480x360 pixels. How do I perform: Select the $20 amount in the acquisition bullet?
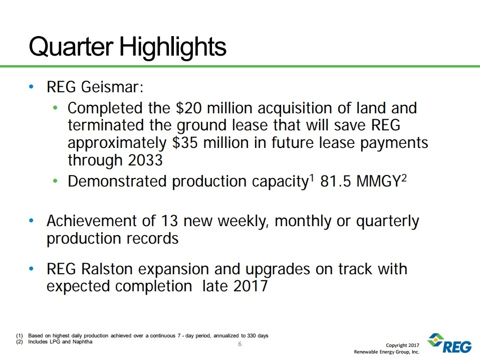186,108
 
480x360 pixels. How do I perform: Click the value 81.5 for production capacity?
338,182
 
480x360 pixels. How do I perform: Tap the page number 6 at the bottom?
239,344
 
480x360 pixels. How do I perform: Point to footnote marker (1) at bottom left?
20,335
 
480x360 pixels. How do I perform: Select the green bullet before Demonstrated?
56,182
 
